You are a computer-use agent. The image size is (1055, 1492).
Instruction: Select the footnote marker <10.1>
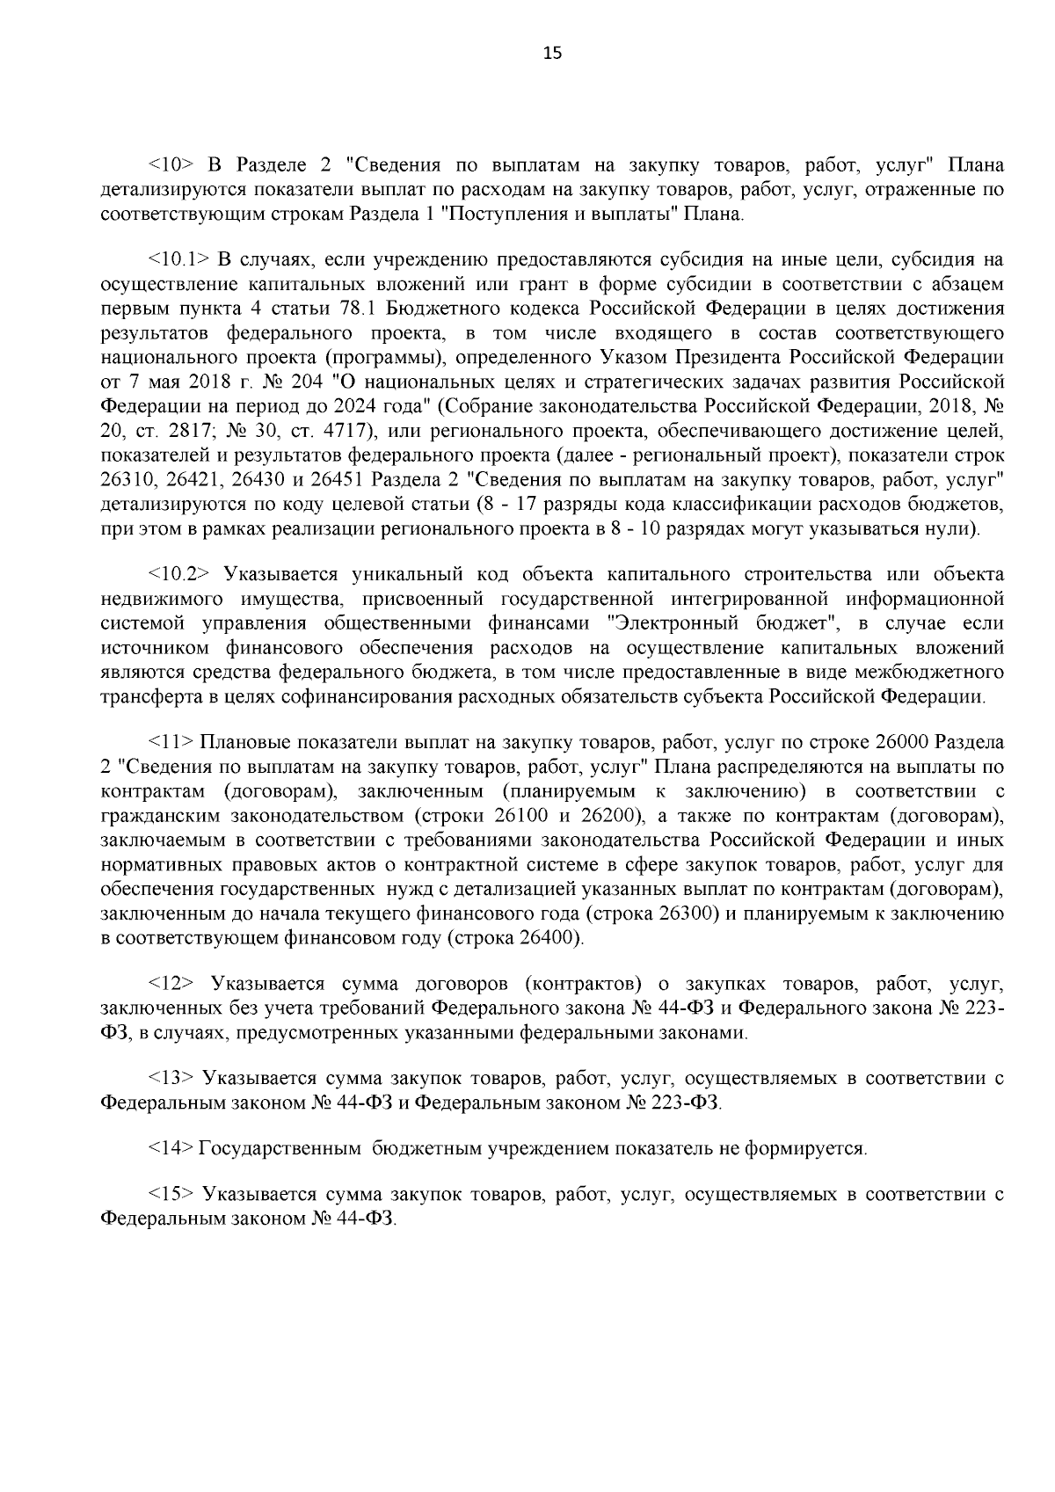(178, 259)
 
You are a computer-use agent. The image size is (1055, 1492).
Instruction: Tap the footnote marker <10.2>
(178, 574)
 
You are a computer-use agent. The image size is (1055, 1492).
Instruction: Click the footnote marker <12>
(171, 983)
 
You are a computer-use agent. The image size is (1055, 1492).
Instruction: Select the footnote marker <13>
(171, 1078)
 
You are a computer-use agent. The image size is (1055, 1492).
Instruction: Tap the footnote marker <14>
(171, 1148)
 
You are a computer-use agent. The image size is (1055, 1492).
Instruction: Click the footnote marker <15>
(171, 1194)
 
